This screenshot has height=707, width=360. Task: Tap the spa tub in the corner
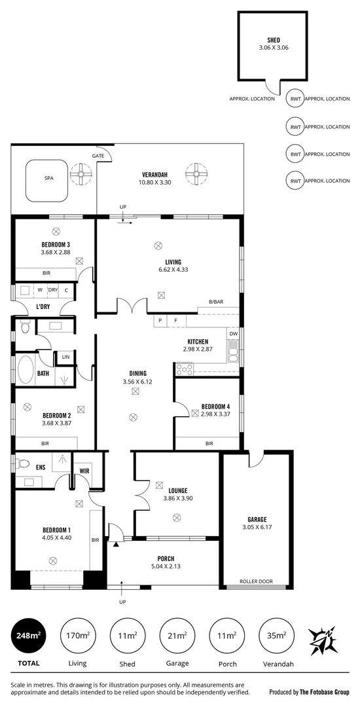[x=48, y=178]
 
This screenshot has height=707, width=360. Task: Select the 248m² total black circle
[x=27, y=635]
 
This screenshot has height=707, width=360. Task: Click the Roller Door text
[x=257, y=580]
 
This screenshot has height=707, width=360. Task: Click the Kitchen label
[x=198, y=342]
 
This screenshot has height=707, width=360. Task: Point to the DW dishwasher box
[x=233, y=333]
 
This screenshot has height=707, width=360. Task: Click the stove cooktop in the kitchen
[x=185, y=369]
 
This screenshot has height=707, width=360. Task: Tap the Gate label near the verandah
[x=98, y=156]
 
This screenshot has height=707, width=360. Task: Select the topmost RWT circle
[x=295, y=99]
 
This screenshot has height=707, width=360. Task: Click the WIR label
[x=84, y=471]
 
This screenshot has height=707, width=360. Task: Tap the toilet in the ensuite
[x=24, y=463]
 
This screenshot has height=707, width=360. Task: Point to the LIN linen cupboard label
[x=65, y=357]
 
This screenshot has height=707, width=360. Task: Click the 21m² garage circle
[x=177, y=635]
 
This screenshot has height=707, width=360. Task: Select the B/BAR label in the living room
[x=217, y=302]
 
